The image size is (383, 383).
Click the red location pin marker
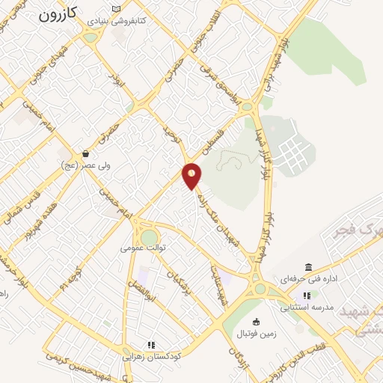click(192, 175)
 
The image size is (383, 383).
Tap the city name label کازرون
click(58, 14)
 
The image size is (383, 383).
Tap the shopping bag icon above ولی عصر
click(86, 153)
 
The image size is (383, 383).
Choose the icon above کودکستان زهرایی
click(151, 345)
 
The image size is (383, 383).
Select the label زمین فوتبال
click(257, 334)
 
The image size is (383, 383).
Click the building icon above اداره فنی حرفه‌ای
click(307, 267)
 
